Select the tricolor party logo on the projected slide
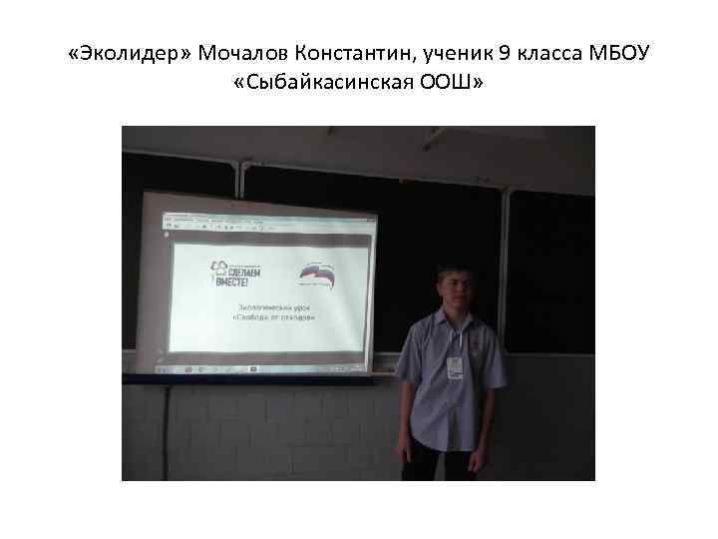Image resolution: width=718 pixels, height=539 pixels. [320, 273]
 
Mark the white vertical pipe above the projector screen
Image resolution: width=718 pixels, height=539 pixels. [239, 175]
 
